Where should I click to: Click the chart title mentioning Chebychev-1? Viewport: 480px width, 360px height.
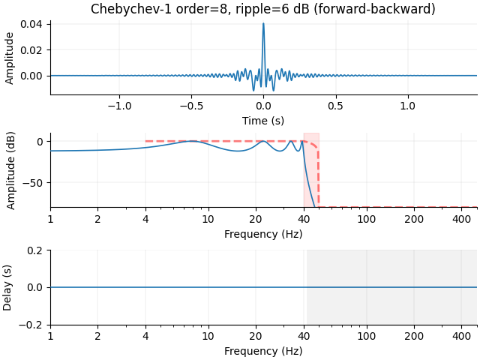pyautogui.click(x=263, y=10)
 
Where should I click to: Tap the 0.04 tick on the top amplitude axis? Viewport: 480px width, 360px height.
pyautogui.click(x=36, y=24)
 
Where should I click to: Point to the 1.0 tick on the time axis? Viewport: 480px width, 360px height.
pyautogui.click(x=408, y=106)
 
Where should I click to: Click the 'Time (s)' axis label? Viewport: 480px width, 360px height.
pyautogui.click(x=263, y=121)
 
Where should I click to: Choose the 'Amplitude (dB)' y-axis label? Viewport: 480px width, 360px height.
pyautogui.click(x=10, y=170)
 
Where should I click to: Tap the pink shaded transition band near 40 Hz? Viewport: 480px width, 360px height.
pyautogui.click(x=311, y=170)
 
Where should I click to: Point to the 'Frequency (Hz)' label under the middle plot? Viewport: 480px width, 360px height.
pyautogui.click(x=263, y=234)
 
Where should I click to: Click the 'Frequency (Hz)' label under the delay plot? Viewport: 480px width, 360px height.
pyautogui.click(x=263, y=351)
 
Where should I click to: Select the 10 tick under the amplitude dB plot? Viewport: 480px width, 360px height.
pyautogui.click(x=208, y=219)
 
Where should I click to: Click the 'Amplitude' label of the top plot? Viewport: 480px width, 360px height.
pyautogui.click(x=10, y=57)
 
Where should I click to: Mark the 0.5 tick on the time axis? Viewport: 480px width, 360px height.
pyautogui.click(x=336, y=106)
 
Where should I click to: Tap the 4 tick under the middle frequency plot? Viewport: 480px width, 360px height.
pyautogui.click(x=145, y=219)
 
